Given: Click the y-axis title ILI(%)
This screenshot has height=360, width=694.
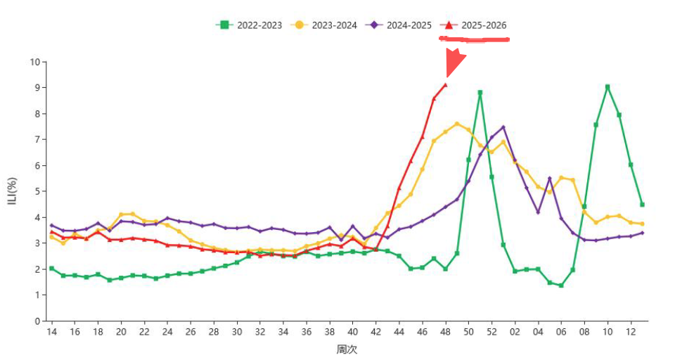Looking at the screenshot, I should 11,191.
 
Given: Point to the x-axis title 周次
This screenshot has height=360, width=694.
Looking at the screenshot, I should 347,349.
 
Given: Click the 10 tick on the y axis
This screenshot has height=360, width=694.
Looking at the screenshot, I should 34,62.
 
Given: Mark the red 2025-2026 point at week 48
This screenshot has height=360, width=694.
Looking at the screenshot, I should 445,85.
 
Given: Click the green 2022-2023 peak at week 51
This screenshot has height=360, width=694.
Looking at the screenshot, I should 480,92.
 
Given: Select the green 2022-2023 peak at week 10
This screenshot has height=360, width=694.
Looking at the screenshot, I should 608,87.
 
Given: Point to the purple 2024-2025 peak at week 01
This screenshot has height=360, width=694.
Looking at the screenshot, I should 503,127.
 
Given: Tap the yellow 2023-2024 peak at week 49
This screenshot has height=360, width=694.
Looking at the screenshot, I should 457,124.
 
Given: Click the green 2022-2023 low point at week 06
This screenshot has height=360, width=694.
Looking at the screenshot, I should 561,285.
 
